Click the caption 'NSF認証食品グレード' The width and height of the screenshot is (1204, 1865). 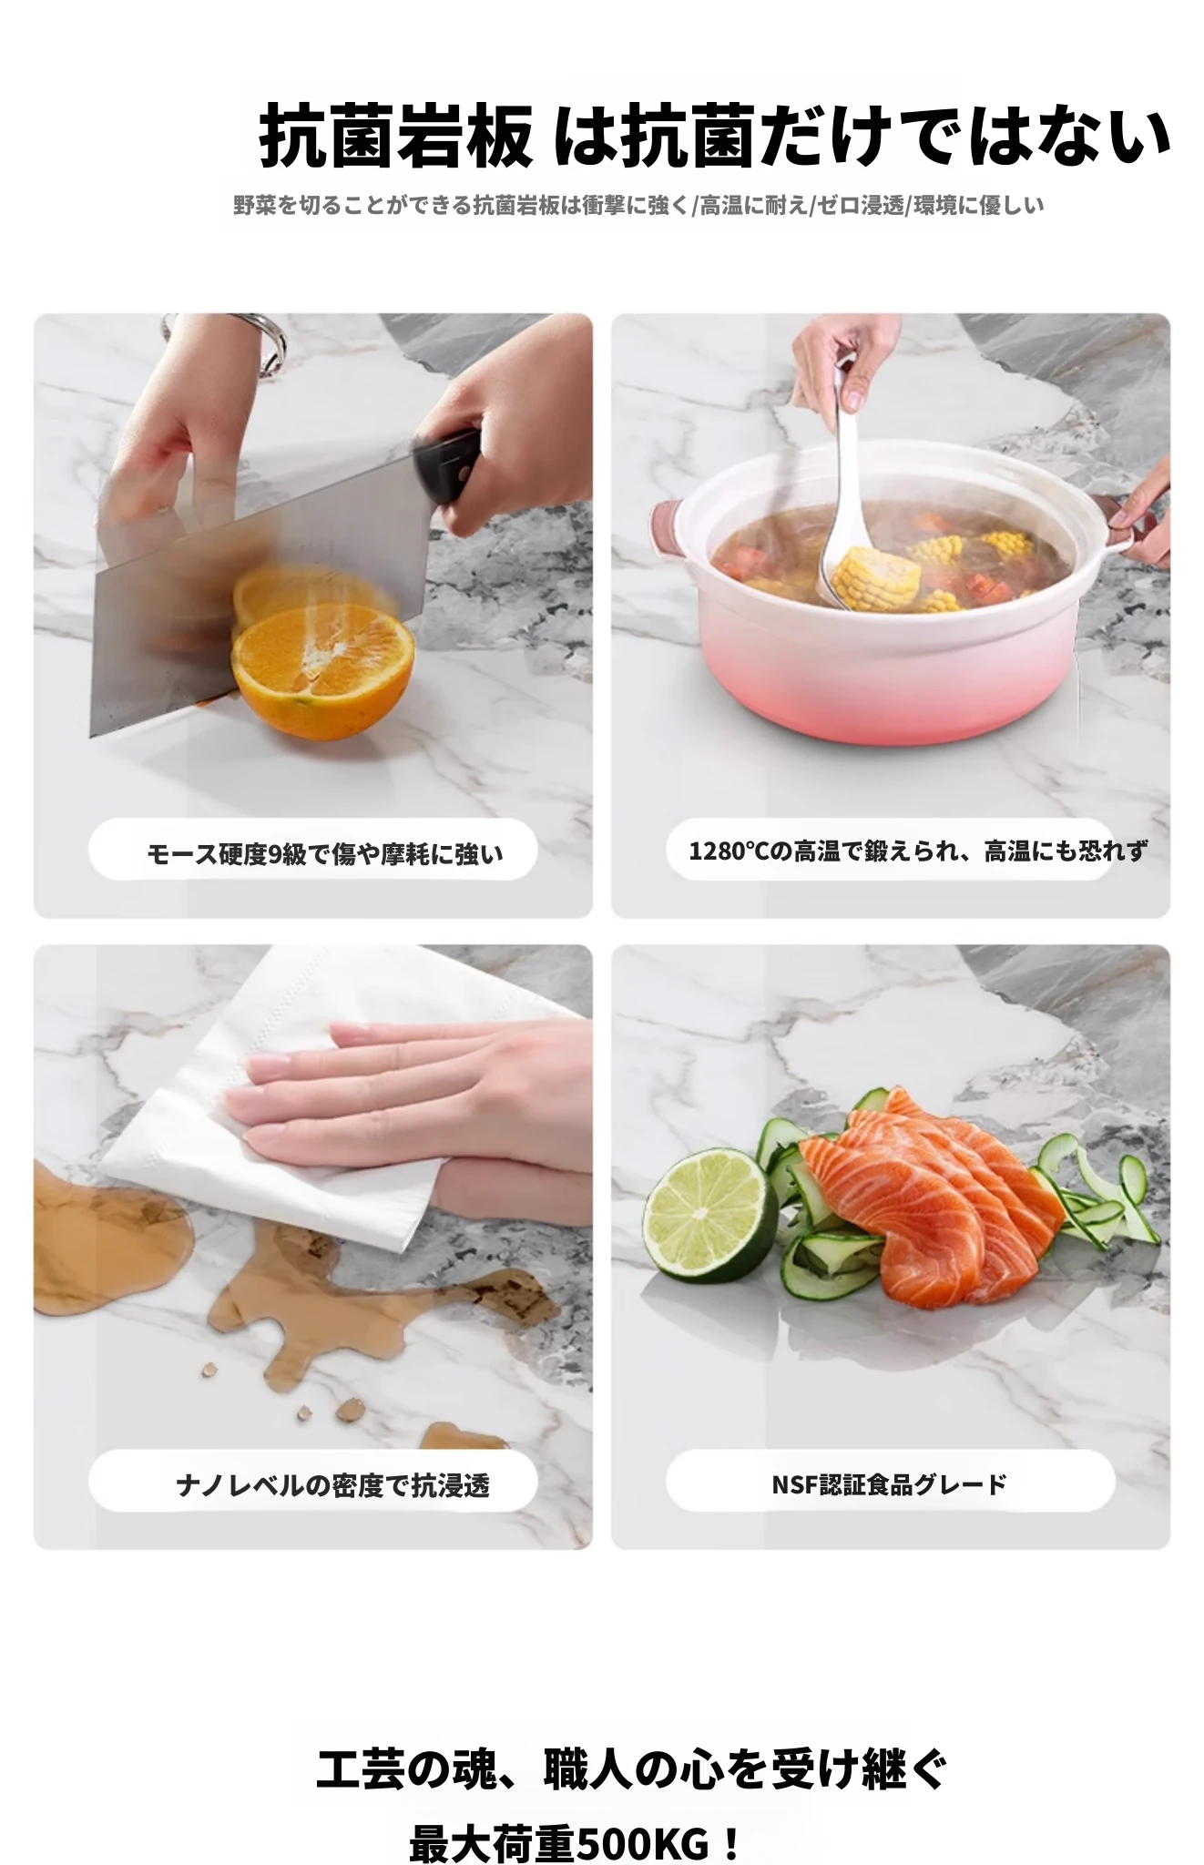889,1484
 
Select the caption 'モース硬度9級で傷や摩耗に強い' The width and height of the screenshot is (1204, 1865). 325,853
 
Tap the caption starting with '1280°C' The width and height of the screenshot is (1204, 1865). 917,851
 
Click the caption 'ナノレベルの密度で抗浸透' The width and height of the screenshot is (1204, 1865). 332,1485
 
